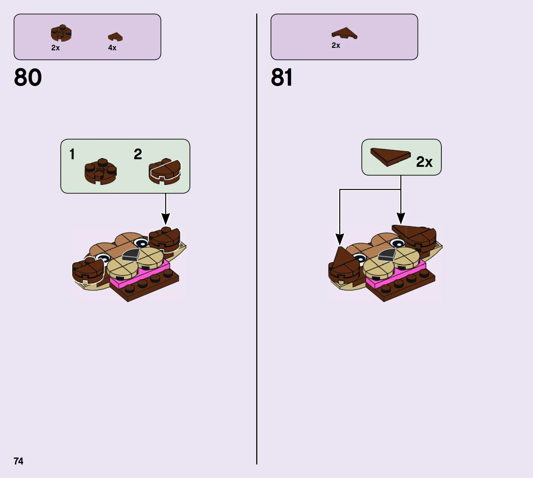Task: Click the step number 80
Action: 28,77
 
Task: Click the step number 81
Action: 282,77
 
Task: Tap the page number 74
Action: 18,461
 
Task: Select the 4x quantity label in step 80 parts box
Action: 113,48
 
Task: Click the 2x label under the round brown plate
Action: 56,48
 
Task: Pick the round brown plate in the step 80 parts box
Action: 61,33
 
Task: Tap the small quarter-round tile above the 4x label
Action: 115,37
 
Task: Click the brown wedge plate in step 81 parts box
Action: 344,33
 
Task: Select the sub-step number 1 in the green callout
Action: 72,154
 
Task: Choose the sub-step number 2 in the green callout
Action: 138,154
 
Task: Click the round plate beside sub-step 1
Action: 100,171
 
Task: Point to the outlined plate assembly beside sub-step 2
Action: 165,171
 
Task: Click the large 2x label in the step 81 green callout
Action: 424,162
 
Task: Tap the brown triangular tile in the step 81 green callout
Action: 390,157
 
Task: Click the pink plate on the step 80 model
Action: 140,273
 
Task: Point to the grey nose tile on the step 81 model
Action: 387,254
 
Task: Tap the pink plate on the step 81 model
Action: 395,273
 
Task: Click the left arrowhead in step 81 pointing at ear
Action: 340,239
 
